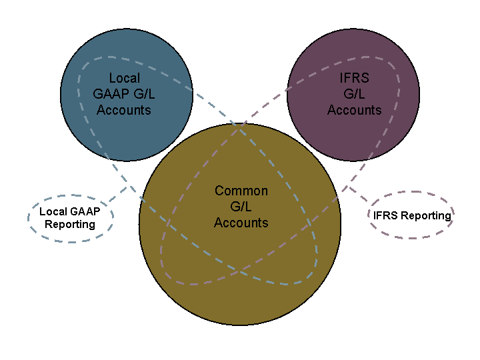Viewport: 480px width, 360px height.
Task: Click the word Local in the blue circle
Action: click(125, 78)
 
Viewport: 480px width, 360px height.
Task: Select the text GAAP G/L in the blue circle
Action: click(124, 94)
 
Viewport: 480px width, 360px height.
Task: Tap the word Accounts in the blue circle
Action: click(124, 110)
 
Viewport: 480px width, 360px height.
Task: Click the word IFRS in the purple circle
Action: click(355, 78)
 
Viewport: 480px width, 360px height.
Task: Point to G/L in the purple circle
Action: click(355, 94)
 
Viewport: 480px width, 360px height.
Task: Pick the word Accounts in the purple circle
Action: click(355, 110)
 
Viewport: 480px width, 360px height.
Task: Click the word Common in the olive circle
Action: click(241, 191)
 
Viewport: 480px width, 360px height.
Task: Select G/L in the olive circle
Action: click(241, 207)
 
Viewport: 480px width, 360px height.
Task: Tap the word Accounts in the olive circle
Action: click(241, 223)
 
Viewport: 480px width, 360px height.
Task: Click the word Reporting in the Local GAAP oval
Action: click(70, 224)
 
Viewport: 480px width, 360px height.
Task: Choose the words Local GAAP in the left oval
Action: click(69, 211)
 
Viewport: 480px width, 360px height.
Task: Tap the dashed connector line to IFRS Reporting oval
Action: click(358, 193)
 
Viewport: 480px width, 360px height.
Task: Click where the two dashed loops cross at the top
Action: click(240, 125)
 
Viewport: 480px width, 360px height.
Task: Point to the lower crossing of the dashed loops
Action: click(240, 269)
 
